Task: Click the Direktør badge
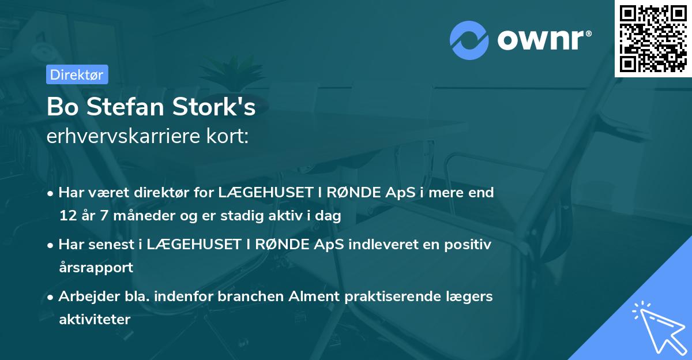tap(77, 74)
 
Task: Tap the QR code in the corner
tap(653, 38)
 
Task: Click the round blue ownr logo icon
tap(469, 40)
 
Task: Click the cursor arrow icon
tap(657, 327)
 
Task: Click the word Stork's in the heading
tap(219, 108)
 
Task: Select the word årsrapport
tap(96, 267)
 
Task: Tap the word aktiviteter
tap(95, 319)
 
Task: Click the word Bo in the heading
tap(62, 108)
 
